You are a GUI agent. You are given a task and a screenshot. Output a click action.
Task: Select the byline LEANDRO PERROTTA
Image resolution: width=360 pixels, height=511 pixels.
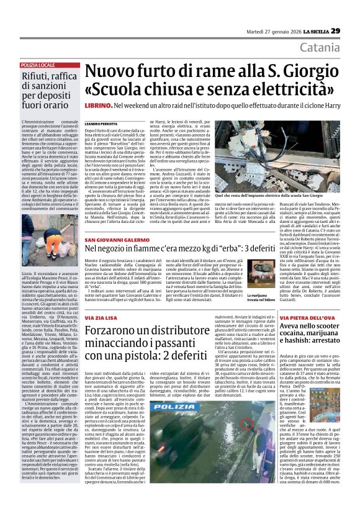tap(102, 124)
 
